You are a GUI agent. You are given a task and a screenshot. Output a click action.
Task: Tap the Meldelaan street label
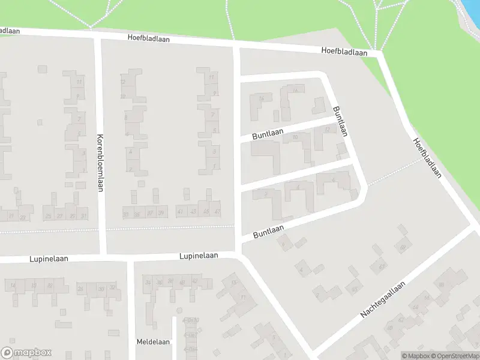tap(153, 341)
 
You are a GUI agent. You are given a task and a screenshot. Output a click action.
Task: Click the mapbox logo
tap(26, 353)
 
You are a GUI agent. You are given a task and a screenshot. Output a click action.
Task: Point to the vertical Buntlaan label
tap(340, 121)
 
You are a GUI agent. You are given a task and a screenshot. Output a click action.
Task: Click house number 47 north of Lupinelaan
tap(217, 212)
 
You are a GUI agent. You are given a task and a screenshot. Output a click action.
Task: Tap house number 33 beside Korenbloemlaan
tap(126, 214)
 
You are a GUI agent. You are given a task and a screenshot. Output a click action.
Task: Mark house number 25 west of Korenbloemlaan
tap(49, 216)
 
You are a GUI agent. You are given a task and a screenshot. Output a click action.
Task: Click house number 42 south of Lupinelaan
tap(194, 281)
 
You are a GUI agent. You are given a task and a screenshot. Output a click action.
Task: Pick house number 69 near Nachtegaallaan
tap(402, 247)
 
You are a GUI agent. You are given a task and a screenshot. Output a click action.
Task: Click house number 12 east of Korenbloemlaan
tap(123, 82)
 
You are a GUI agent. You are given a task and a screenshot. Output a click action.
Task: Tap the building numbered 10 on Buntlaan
tap(295, 138)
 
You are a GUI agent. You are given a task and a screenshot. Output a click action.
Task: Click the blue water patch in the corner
tap(472, 15)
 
